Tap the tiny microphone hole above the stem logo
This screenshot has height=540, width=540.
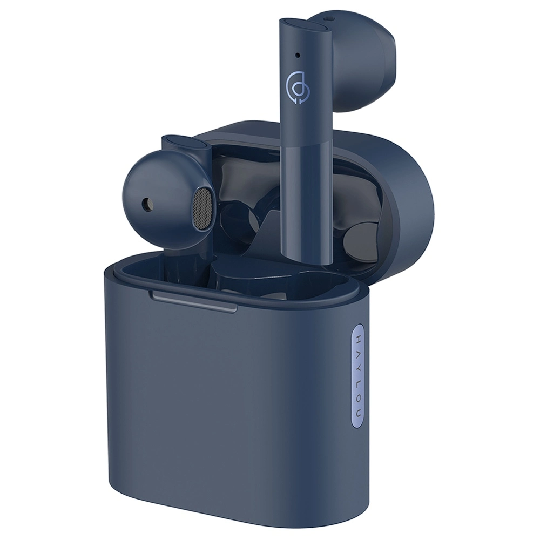click(x=298, y=55)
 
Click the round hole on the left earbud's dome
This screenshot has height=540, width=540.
click(x=146, y=204)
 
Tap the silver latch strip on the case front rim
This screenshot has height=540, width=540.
click(x=194, y=302)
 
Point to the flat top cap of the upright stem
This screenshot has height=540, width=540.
click(x=296, y=24)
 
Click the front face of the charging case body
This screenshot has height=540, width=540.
click(x=227, y=410)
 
